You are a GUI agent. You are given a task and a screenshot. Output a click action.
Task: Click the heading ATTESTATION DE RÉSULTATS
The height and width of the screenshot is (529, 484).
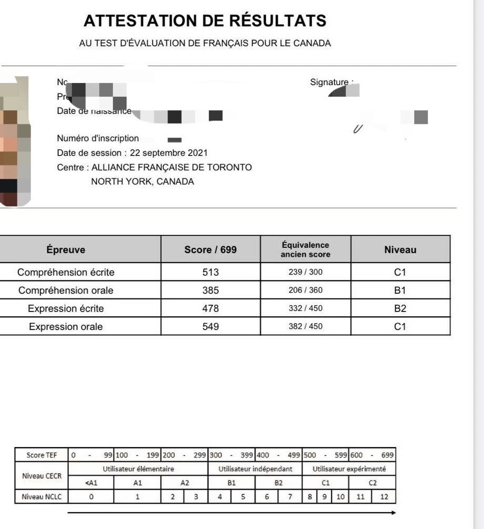pos(205,21)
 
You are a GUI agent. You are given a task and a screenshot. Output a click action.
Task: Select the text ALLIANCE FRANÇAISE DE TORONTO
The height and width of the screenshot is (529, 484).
pos(172,168)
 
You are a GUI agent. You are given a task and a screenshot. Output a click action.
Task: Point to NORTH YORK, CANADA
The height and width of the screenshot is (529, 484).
pos(142,182)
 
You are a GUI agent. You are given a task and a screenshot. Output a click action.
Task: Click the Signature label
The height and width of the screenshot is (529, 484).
pos(330,82)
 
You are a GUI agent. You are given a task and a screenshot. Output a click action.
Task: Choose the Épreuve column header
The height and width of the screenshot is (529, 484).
pos(66,250)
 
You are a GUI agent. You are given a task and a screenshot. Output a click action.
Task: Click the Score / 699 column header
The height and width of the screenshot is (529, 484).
pos(211,250)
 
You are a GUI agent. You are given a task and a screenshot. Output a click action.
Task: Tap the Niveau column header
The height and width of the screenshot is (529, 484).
pos(400,250)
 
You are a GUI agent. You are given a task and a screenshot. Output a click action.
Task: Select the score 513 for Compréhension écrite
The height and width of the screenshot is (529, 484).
pos(211,273)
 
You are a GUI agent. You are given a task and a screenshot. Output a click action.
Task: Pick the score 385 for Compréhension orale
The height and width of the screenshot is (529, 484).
pos(211,291)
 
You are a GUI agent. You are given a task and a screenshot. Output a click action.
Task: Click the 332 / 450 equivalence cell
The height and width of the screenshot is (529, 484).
pos(306,308)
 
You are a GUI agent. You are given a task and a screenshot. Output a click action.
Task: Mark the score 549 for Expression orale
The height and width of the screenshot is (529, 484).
pos(211,327)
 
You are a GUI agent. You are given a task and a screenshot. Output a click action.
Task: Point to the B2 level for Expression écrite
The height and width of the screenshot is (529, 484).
pos(400,308)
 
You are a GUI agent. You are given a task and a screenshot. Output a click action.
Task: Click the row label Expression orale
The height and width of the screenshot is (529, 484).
pos(66,327)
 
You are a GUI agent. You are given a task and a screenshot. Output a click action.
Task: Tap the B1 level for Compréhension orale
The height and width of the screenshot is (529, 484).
pos(400,291)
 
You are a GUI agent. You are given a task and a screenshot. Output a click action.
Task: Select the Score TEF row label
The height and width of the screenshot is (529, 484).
pos(41,455)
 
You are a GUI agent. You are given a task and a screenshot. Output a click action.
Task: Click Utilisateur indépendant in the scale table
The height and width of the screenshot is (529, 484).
pos(255,469)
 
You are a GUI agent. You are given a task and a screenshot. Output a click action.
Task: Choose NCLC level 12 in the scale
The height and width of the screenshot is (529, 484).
pos(384,496)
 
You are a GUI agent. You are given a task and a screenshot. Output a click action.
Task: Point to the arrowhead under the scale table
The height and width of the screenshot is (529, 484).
pos(393,512)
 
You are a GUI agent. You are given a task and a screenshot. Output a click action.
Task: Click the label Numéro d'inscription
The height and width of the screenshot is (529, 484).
pos(98,139)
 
